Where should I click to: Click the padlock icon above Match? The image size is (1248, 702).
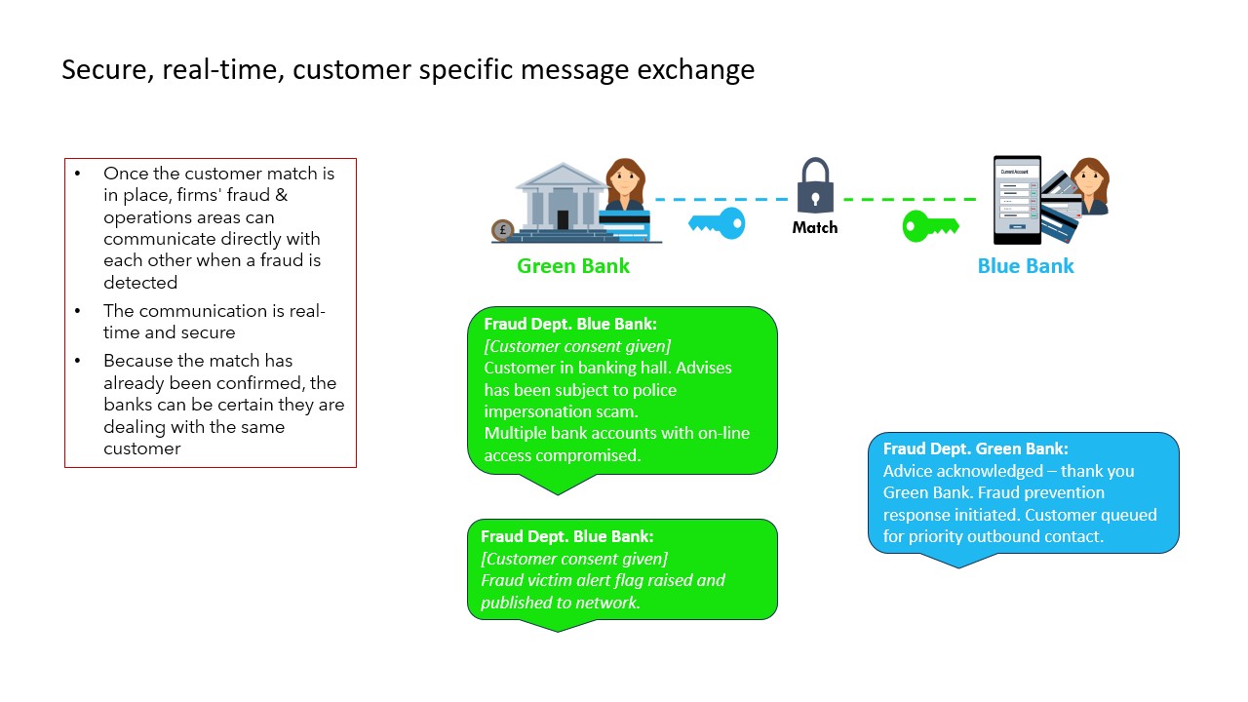815,185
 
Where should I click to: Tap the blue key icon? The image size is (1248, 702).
717,223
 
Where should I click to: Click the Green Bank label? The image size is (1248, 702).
573,266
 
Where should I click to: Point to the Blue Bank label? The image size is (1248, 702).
1026,266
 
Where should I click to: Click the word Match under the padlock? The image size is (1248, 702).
815,227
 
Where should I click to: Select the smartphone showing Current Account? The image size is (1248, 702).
1017,200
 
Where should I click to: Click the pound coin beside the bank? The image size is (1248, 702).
503,231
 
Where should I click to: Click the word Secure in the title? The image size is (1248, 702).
101,70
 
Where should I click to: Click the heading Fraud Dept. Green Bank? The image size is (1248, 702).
975,449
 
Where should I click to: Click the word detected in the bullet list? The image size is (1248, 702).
140,283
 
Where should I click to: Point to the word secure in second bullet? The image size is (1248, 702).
208,332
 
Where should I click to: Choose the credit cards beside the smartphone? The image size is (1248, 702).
1061,210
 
